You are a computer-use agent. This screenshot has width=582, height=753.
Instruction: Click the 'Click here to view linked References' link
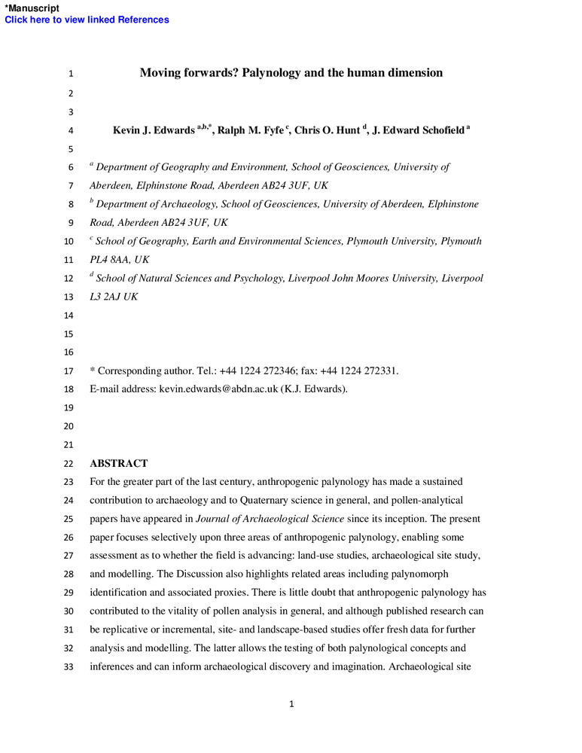coord(87,20)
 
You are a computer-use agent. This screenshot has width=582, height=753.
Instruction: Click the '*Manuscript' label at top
coord(32,8)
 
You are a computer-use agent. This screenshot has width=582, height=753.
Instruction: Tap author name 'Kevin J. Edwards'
coord(154,130)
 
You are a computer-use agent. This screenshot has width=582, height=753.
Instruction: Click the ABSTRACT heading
coord(118,463)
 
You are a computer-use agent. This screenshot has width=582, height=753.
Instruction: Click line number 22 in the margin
coord(70,464)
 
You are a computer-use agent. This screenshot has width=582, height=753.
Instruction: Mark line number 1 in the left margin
coord(70,74)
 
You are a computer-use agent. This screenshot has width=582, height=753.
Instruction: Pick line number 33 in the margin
coord(70,666)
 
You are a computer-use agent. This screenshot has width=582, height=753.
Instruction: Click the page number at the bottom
coord(291,704)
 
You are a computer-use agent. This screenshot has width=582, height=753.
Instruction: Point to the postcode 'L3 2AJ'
coord(105,297)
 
